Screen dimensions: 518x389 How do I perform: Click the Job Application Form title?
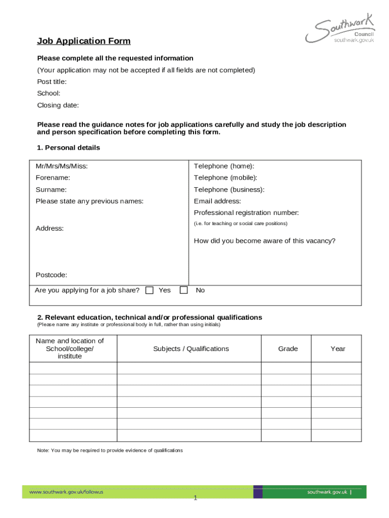(x=83, y=41)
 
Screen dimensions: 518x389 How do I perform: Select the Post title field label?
(x=52, y=81)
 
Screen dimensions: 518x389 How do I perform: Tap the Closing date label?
(x=58, y=105)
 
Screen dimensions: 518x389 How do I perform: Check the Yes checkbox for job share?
(x=150, y=290)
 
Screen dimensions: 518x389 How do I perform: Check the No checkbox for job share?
(x=184, y=290)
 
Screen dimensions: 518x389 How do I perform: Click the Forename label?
(x=53, y=178)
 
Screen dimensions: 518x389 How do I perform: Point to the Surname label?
(x=51, y=190)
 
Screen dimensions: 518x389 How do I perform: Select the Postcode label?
(x=51, y=275)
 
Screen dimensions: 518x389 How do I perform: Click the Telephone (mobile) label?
(x=225, y=178)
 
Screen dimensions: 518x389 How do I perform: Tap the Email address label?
(x=217, y=201)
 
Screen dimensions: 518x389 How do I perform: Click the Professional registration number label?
(x=246, y=212)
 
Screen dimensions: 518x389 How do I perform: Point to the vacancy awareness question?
(x=264, y=241)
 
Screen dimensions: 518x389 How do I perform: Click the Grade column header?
(x=288, y=349)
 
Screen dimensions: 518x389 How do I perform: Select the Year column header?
(x=338, y=349)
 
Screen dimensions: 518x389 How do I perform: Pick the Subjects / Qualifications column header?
(x=191, y=349)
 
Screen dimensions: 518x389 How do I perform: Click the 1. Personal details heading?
(x=68, y=148)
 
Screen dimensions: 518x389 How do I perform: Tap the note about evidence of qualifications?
(x=110, y=450)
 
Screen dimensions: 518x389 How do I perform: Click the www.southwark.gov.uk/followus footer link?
(x=66, y=492)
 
